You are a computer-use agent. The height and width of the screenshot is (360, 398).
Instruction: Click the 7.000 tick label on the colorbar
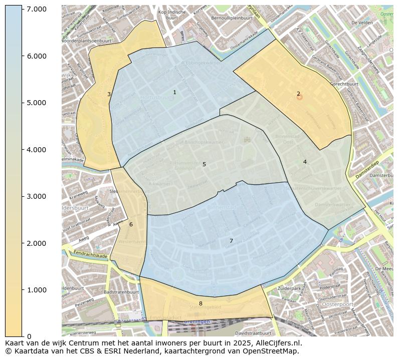coord(37,9)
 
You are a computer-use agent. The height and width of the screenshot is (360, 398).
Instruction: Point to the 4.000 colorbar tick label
coord(37,150)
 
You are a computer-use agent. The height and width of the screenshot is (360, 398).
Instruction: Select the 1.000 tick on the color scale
coord(37,290)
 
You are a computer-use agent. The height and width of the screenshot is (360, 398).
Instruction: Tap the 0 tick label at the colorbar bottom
coord(29,336)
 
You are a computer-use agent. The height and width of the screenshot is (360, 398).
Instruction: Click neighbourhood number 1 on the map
coord(174,93)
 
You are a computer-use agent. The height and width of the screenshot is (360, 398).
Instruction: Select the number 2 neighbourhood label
coord(298,94)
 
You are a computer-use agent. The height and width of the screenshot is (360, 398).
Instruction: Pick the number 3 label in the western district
coord(109,94)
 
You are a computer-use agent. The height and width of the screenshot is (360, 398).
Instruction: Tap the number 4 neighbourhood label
coord(304,162)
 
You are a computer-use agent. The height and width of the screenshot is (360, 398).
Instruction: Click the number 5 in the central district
coord(204,164)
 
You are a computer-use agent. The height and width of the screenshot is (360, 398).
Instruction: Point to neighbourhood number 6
coord(131,224)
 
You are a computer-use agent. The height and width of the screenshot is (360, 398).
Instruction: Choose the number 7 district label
coord(231,241)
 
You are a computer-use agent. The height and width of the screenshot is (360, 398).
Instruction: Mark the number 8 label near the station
coord(201,303)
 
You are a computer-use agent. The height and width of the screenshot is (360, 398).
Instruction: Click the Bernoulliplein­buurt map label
coord(232,18)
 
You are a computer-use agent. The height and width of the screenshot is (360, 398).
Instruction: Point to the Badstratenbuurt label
coord(121,292)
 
